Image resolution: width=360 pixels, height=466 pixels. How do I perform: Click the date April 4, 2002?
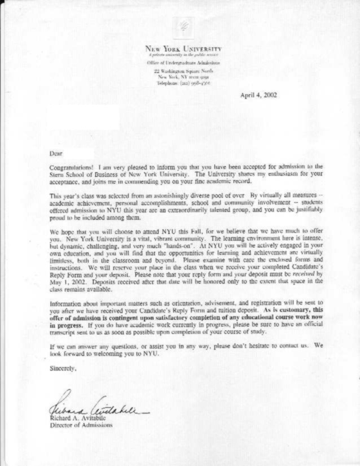pyautogui.click(x=258, y=95)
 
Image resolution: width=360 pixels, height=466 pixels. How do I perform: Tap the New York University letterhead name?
pyautogui.click(x=183, y=50)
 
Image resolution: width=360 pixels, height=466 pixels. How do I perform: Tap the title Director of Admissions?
pyautogui.click(x=82, y=425)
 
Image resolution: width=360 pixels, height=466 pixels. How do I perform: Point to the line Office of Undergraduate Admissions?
pyautogui.click(x=183, y=63)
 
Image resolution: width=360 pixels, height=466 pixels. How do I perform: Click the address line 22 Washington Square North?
pyautogui.click(x=183, y=72)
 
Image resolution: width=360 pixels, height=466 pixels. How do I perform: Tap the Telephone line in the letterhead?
pyautogui.click(x=183, y=82)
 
